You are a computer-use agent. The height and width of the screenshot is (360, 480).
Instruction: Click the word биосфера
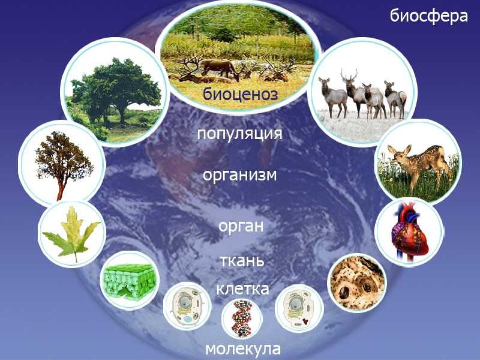pyautogui.click(x=428, y=16)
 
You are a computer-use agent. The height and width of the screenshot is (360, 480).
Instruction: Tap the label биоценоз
pyautogui.click(x=240, y=95)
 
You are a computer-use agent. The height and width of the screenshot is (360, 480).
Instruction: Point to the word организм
pyautogui.click(x=240, y=176)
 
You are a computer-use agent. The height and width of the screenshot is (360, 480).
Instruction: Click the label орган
pyautogui.click(x=241, y=226)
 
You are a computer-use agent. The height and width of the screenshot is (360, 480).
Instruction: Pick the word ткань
pyautogui.click(x=242, y=261)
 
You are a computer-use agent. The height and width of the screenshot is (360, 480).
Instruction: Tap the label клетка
pyautogui.click(x=242, y=288)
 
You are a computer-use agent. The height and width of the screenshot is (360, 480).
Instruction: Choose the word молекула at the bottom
pyautogui.click(x=243, y=349)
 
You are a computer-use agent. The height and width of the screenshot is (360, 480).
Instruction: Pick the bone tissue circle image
pyautogui.click(x=357, y=282)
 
